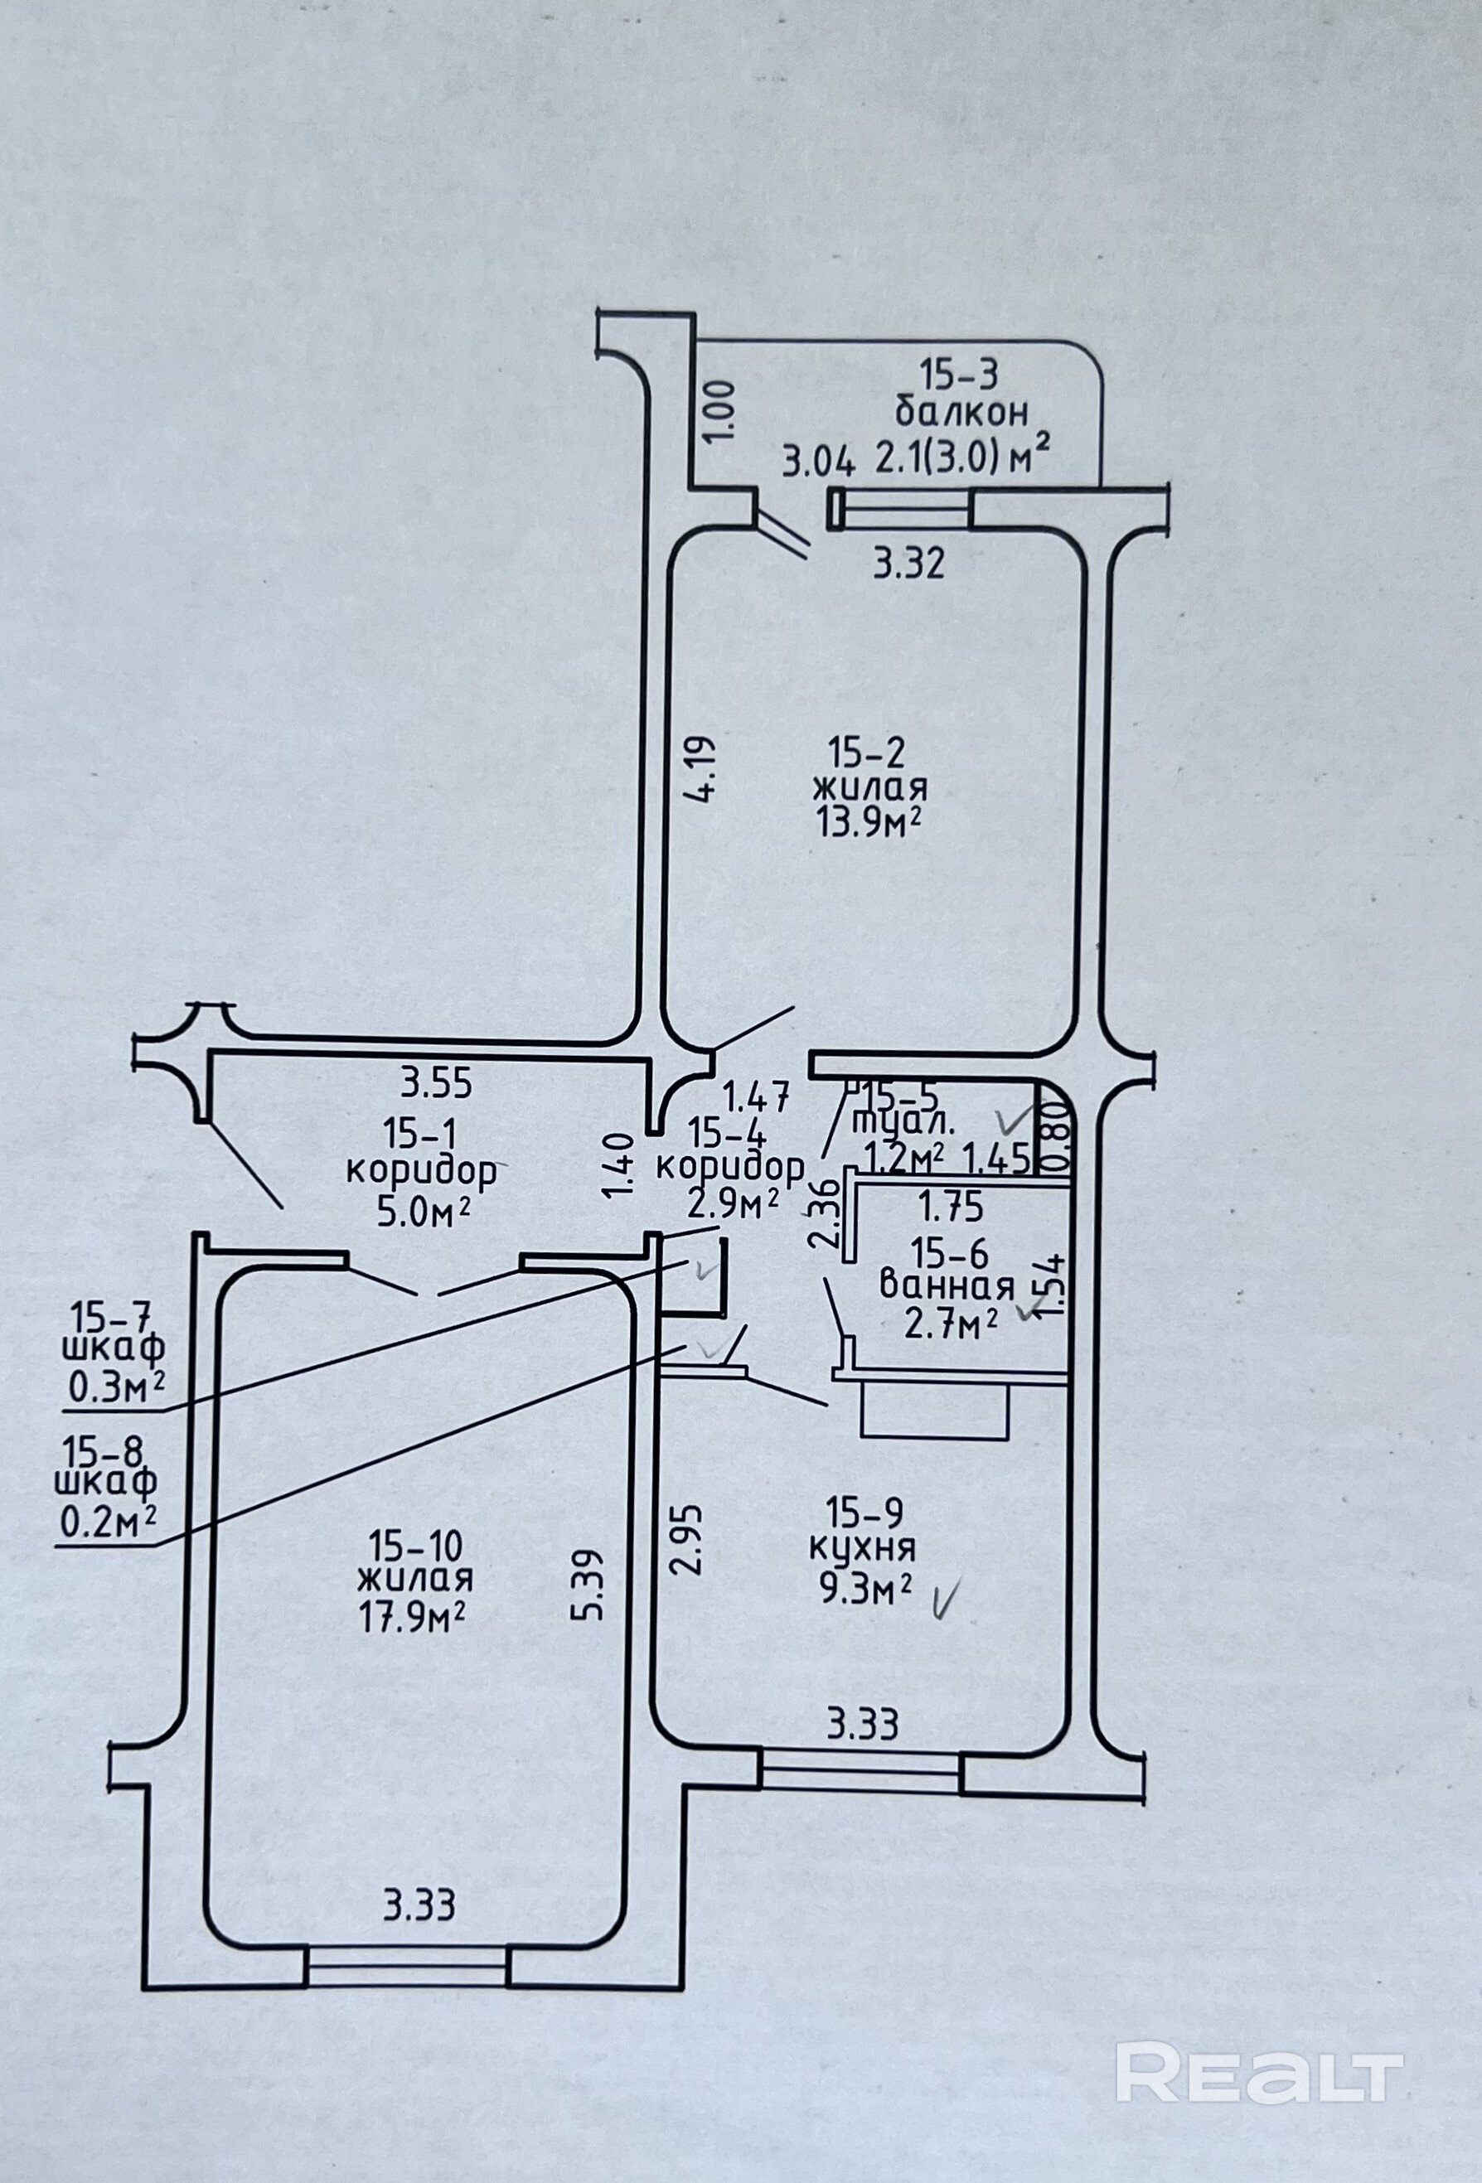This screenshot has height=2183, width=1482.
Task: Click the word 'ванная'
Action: click(947, 1286)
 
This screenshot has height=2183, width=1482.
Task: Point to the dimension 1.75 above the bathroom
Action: click(952, 1203)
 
